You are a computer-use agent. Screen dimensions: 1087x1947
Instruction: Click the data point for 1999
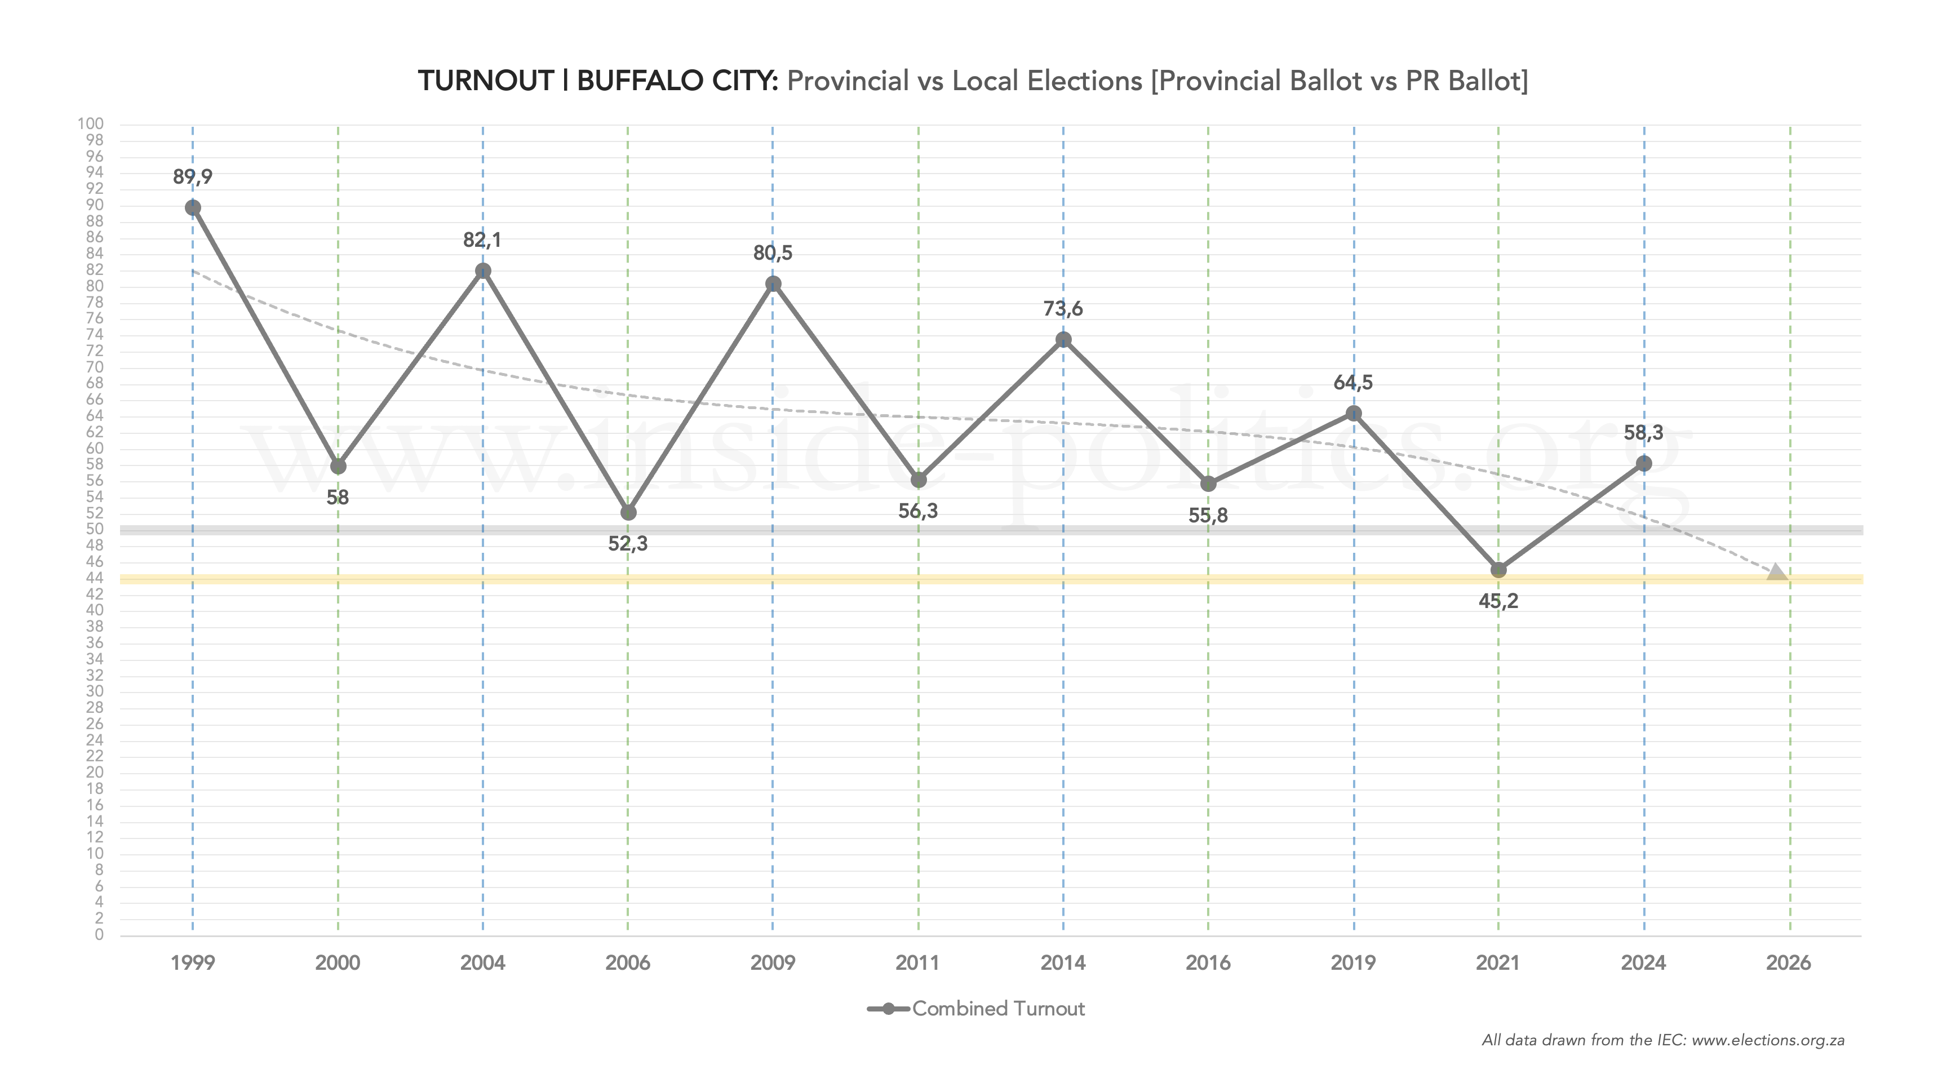193,208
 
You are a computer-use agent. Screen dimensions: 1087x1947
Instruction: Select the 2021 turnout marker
1498,570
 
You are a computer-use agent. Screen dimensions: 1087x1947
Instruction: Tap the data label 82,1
482,241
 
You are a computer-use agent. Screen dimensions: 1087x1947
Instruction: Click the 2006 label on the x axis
627,963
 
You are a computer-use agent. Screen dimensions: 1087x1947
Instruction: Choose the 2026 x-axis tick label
1788,963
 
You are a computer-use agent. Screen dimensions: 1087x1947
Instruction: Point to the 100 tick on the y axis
91,124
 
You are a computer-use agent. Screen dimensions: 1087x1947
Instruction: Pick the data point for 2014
1063,339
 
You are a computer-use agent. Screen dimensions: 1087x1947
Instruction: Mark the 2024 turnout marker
1643,463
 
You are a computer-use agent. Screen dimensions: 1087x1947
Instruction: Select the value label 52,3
627,543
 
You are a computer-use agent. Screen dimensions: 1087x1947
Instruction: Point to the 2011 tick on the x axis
917,963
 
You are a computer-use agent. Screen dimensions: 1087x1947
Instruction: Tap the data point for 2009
773,284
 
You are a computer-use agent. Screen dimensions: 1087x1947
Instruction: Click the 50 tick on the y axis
95,529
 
